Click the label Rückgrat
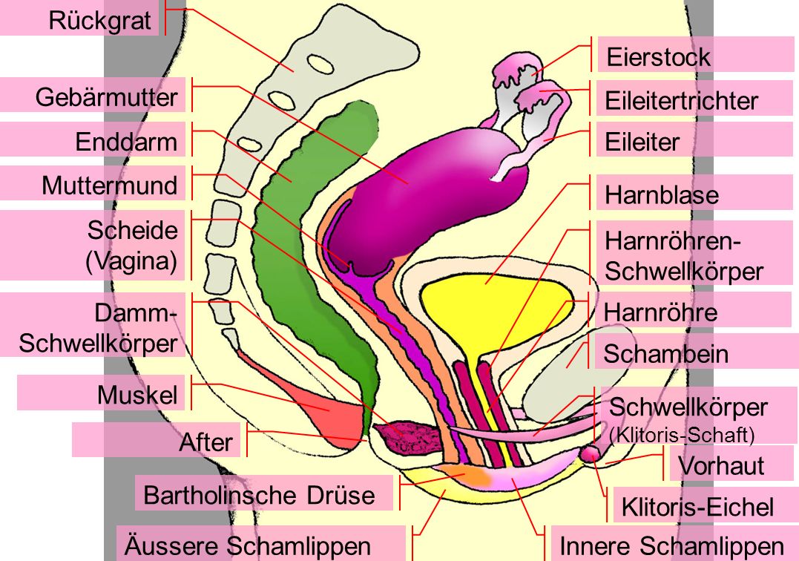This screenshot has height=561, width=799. pyautogui.click(x=99, y=20)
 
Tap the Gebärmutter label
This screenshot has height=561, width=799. pyautogui.click(x=107, y=97)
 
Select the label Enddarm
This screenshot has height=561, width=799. pyautogui.click(x=126, y=142)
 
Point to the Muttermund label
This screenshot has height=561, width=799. pyautogui.click(x=110, y=185)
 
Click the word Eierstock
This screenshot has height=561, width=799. pyautogui.click(x=658, y=57)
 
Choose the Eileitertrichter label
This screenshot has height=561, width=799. pyautogui.click(x=682, y=100)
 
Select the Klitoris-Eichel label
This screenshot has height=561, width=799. pyautogui.click(x=697, y=507)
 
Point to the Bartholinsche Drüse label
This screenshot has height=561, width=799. pyautogui.click(x=259, y=494)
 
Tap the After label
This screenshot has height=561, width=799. pyautogui.click(x=205, y=442)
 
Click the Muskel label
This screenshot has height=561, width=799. pyautogui.click(x=137, y=396)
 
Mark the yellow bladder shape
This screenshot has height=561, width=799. pyautogui.click(x=490, y=304)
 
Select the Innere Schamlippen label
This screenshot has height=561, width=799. pyautogui.click(x=671, y=546)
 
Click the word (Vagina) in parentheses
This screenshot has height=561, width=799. pyautogui.click(x=132, y=262)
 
